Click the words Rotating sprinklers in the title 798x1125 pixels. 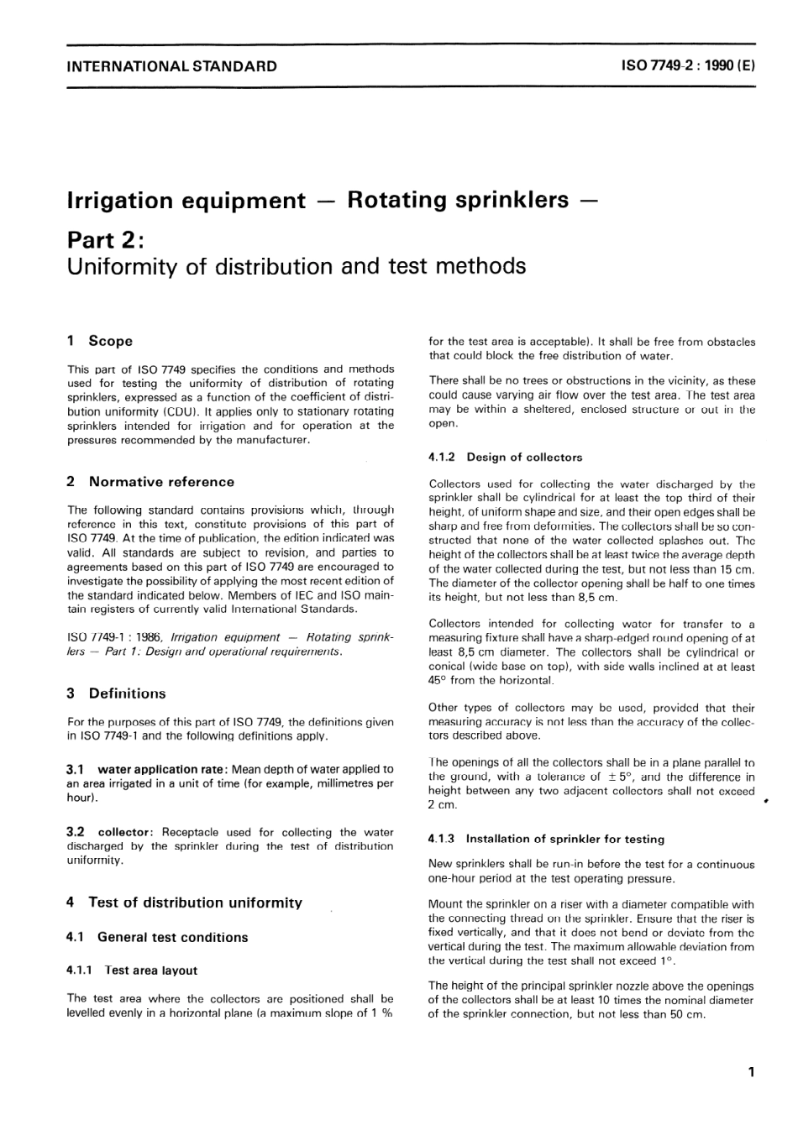[x=458, y=200]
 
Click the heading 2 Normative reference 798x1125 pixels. [x=150, y=482]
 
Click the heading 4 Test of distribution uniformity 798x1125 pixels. [x=184, y=903]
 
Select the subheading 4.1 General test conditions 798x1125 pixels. [x=157, y=937]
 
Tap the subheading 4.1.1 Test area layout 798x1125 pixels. [x=132, y=971]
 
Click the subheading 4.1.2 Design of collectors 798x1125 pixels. [x=505, y=458]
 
